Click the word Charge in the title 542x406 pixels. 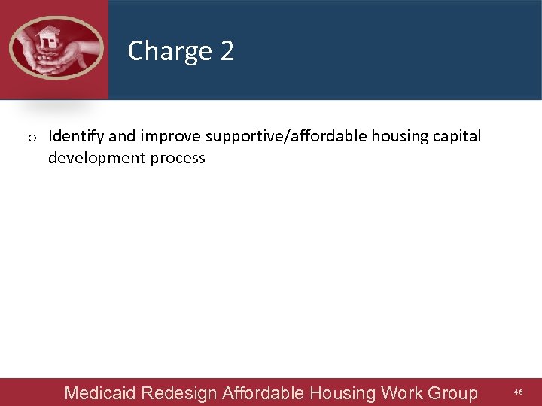point(170,51)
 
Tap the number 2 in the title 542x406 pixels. point(227,51)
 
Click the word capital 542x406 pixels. point(457,137)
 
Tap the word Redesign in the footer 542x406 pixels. point(179,392)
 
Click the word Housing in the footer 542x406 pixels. point(343,392)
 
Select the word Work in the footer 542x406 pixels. point(402,392)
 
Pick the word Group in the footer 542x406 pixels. point(452,392)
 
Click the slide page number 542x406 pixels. point(519,392)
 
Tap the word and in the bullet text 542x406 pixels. point(123,137)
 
